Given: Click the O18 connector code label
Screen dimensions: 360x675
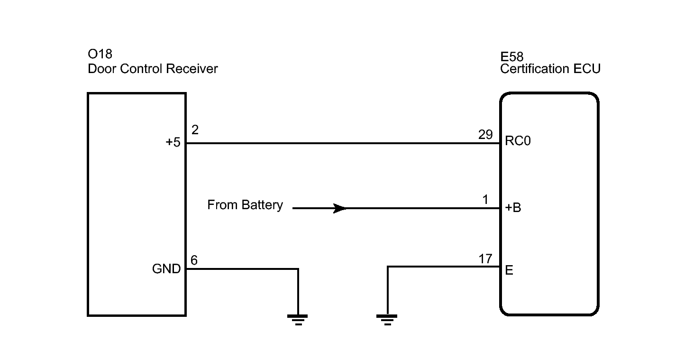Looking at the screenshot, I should coord(100,55).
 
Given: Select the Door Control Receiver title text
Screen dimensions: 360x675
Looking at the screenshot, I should coord(153,69).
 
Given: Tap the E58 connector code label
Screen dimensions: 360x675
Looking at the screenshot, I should coord(512,57).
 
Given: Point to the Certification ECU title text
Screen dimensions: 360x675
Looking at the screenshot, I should coord(550,69).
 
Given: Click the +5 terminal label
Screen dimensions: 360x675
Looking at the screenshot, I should coord(173,142).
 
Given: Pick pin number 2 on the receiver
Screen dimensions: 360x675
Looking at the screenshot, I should coord(195,130).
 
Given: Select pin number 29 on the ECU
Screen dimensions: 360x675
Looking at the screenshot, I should coord(485,135).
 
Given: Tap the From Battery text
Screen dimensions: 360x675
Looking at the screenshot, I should coord(245,205).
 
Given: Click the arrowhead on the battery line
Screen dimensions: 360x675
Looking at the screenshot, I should coord(340,208).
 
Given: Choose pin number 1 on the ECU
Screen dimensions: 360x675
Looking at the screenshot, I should coord(485,200).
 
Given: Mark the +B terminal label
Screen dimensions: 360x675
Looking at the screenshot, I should coord(513,208).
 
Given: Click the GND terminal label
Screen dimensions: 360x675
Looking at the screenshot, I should coord(166,269).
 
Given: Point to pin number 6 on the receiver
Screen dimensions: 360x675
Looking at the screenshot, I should coord(194,260).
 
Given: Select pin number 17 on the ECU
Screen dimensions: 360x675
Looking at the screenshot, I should coord(485,259).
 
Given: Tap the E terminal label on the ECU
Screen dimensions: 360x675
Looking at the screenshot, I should coord(509,270).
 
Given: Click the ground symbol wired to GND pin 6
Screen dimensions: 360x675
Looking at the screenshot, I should coord(298,320).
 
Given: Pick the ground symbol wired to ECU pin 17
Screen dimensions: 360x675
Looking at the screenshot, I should coord(387,320).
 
